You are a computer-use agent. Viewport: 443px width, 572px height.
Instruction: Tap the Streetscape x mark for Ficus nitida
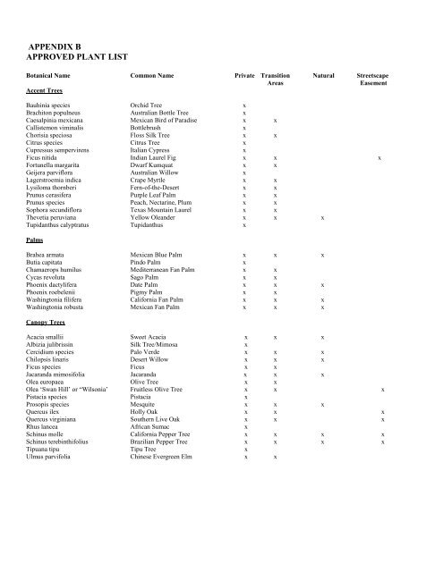tap(380, 158)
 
